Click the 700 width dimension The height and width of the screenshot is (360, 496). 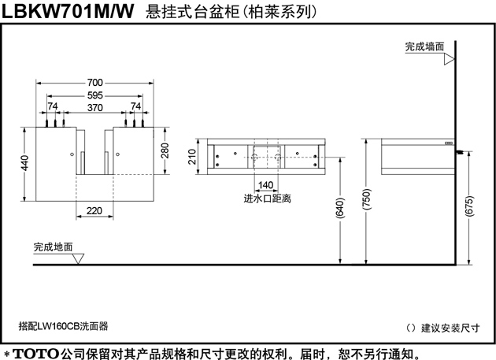click(x=95, y=83)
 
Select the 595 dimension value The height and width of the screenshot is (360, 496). click(x=95, y=95)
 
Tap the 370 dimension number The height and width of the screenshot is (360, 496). click(x=95, y=108)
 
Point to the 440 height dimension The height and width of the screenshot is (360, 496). click(x=24, y=163)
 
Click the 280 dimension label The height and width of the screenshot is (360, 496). click(x=165, y=150)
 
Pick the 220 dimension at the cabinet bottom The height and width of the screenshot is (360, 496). click(x=94, y=210)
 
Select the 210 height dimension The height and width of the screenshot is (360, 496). click(x=192, y=157)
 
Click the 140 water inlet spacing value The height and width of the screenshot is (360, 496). click(x=266, y=185)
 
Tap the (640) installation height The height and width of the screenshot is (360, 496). click(x=340, y=208)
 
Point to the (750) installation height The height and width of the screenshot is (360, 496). click(x=366, y=199)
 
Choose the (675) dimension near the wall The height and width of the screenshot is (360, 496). click(x=469, y=206)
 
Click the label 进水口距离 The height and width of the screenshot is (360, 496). click(x=268, y=199)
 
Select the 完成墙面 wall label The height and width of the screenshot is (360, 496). click(x=425, y=46)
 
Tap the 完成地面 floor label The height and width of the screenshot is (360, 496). click(x=54, y=247)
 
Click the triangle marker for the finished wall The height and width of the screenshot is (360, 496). click(x=450, y=59)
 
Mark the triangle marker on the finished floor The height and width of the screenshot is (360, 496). click(x=78, y=258)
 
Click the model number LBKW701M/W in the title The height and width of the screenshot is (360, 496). click(x=68, y=11)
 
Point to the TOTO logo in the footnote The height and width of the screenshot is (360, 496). click(x=36, y=354)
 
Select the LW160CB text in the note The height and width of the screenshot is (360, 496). click(x=58, y=326)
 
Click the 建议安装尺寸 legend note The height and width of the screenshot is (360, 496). click(x=450, y=328)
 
